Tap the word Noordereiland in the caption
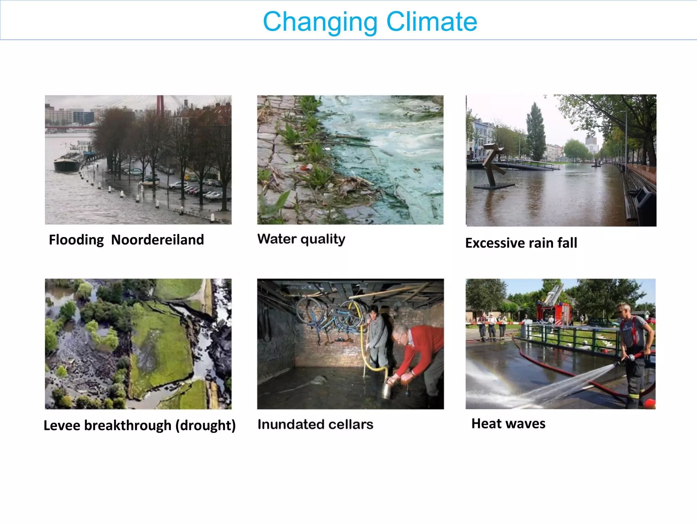point(157,240)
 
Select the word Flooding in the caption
point(76,240)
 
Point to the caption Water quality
point(301,239)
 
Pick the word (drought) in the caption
point(206,426)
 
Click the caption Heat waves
point(508,424)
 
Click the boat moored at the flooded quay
point(66,164)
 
